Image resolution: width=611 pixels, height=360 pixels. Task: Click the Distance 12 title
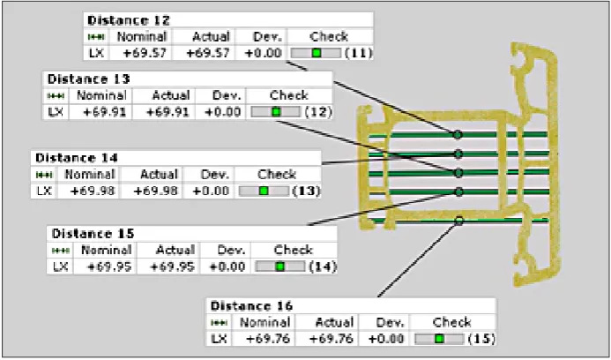point(129,20)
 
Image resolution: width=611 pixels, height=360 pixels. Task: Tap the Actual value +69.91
point(168,112)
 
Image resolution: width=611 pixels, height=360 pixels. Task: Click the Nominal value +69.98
point(93,191)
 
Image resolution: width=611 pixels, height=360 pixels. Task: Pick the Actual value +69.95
point(172,266)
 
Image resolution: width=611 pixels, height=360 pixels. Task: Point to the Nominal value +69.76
point(268,339)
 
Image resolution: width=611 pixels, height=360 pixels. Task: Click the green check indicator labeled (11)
point(317,53)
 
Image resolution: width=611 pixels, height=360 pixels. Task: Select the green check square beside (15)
point(440,339)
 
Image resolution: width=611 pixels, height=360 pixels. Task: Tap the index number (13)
point(306,191)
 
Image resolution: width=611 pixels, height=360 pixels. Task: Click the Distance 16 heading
point(251,306)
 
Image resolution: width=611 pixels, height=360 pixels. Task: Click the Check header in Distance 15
point(293,250)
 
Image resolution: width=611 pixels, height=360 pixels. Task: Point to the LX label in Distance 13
point(56,112)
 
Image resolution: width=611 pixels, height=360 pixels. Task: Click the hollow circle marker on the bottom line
point(459,221)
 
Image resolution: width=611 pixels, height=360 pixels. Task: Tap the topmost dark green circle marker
point(458,135)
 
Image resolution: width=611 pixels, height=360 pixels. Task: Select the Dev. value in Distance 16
point(386,339)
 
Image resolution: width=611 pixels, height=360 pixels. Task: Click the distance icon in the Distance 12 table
point(96,37)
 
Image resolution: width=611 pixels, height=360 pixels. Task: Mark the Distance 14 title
point(77,158)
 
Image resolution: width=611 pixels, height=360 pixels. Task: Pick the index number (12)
point(318,112)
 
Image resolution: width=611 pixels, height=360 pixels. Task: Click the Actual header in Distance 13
point(171,95)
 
